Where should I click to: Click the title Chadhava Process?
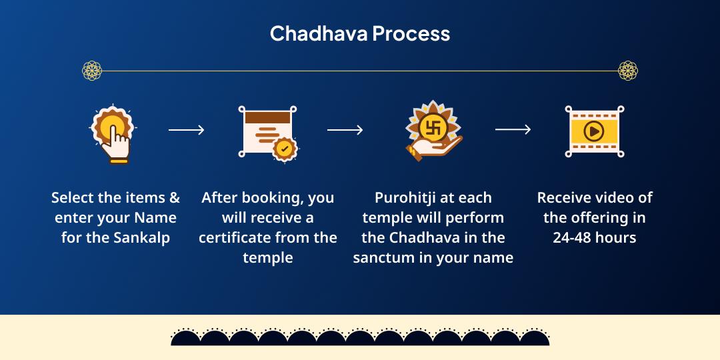pyautogui.click(x=359, y=33)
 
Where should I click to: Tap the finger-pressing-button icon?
pyautogui.click(x=113, y=133)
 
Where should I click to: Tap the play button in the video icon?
pyautogui.click(x=593, y=131)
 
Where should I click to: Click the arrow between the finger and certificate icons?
pyautogui.click(x=186, y=130)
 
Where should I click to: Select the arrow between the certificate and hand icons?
pyautogui.click(x=345, y=130)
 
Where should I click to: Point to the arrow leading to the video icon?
pyautogui.click(x=513, y=130)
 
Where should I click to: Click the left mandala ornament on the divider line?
pyautogui.click(x=92, y=70)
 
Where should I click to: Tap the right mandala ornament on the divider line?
pyautogui.click(x=627, y=70)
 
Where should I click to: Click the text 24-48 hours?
pyautogui.click(x=594, y=237)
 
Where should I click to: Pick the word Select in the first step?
pyautogui.click(x=73, y=198)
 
